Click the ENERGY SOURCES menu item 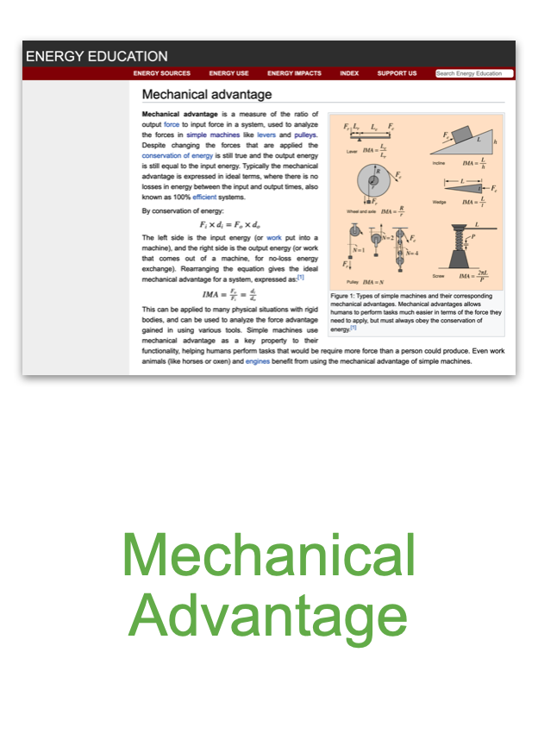(162, 73)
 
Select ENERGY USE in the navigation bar (228, 73)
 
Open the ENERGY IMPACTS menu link (294, 73)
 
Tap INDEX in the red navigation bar (349, 73)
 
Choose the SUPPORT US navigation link (397, 73)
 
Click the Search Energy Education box (472, 73)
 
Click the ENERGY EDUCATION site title (97, 56)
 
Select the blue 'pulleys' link (306, 135)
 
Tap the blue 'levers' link (266, 135)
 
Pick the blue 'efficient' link (204, 198)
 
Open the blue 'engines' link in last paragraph (258, 361)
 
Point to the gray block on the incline (463, 135)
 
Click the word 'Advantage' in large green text (268, 616)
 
